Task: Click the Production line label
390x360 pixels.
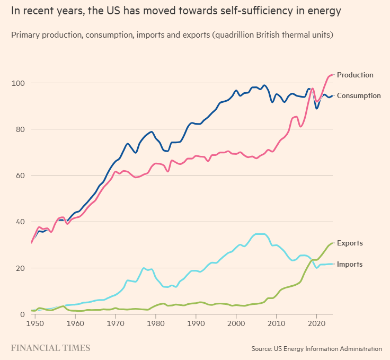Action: pos(355,75)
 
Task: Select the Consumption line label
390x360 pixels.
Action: pos(359,95)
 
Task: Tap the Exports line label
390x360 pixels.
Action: pos(350,243)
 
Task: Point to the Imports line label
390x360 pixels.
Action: pos(350,264)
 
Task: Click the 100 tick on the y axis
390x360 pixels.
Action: pos(19,83)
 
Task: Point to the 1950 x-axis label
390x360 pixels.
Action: pos(35,322)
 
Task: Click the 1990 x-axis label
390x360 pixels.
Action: pos(196,322)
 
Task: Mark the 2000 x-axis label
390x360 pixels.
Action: pos(236,322)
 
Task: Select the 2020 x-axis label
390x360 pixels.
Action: pos(317,322)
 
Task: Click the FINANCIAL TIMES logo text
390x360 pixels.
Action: pos(51,348)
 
